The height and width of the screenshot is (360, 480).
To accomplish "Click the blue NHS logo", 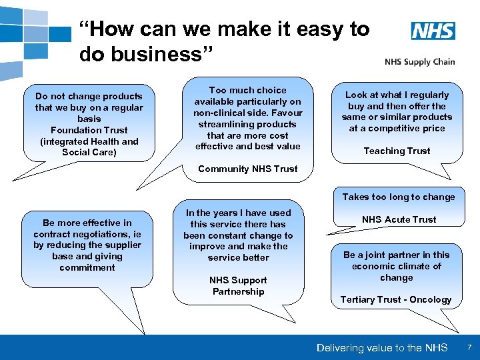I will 433,31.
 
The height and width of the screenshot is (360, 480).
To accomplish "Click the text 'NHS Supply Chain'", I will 419,62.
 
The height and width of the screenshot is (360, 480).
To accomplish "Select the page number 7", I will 469,347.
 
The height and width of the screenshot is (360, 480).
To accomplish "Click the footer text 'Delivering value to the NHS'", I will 382,347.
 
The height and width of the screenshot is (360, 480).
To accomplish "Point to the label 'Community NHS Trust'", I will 248,169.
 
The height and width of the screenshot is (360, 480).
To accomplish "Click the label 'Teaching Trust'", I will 397,151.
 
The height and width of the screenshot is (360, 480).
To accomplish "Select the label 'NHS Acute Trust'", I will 399,219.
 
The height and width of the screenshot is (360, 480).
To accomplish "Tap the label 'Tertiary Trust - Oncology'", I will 396,299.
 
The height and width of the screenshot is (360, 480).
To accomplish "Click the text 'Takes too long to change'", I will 399,197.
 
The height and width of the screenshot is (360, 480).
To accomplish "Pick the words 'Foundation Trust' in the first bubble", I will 89,130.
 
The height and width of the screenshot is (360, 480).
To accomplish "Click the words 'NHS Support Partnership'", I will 238,285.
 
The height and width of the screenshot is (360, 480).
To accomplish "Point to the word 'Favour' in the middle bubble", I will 287,113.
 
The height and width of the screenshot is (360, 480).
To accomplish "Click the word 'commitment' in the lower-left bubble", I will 87,267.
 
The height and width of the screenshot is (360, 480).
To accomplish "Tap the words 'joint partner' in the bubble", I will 385,255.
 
